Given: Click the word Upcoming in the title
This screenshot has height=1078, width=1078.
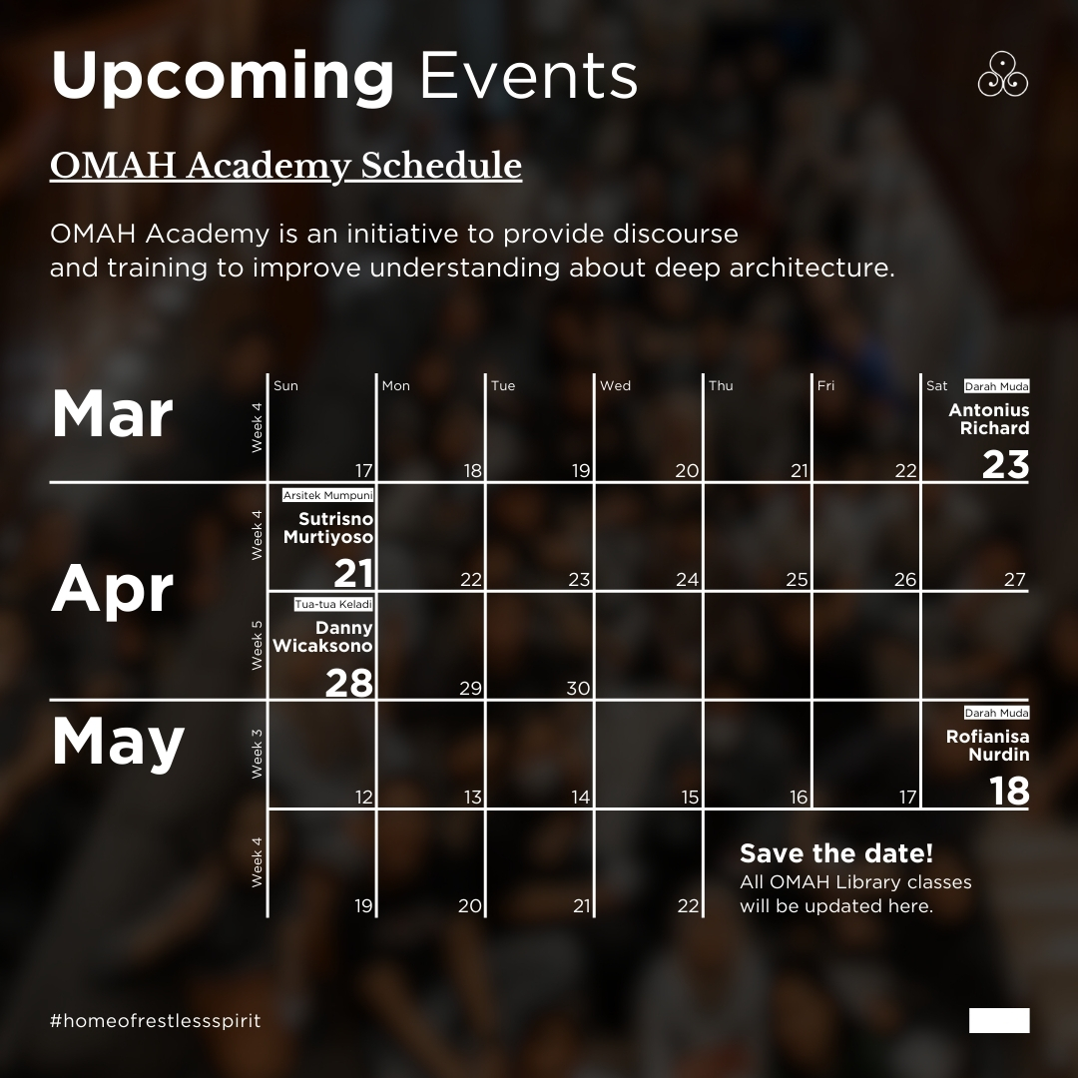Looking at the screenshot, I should (x=223, y=77).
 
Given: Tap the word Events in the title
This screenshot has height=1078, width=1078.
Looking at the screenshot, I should (x=528, y=75).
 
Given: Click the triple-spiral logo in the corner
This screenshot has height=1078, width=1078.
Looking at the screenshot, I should (x=1002, y=75).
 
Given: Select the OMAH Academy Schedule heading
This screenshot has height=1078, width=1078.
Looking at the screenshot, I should (x=285, y=166).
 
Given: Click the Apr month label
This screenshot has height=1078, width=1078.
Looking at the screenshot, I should (x=113, y=590).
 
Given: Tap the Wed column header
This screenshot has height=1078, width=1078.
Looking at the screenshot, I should (x=615, y=386).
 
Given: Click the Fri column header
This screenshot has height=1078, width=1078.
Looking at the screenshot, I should (x=825, y=386).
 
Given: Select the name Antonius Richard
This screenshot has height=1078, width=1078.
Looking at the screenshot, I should (x=988, y=419).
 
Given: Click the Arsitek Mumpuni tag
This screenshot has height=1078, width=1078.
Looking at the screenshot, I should (x=327, y=495).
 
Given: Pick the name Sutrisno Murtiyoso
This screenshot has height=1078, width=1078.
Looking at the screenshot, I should (x=327, y=528).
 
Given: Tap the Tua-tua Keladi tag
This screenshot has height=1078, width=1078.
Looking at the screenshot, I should (x=333, y=604).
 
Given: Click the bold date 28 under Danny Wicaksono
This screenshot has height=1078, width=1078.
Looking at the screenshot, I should (x=348, y=683).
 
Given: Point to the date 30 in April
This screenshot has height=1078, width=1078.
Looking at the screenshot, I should (x=577, y=688).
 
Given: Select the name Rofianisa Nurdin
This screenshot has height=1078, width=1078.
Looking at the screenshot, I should (x=987, y=746).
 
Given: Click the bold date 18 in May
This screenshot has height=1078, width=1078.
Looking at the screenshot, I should (x=1009, y=791).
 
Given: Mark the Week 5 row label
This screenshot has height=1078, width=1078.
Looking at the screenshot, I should (x=258, y=645).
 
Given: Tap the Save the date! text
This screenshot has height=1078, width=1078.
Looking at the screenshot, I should (x=836, y=854).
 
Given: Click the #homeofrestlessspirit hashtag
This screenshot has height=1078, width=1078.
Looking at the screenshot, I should (x=155, y=1021).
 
